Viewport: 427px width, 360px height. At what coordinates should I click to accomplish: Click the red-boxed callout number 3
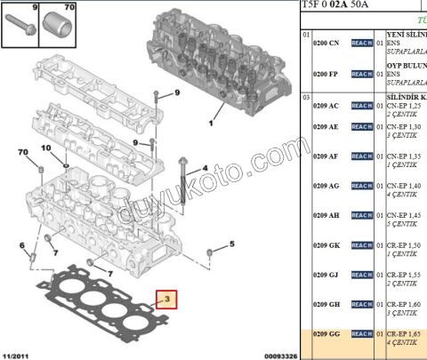coord(166,300)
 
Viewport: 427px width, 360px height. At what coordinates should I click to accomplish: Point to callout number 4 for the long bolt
coord(205,167)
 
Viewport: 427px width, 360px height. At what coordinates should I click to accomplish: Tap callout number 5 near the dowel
coord(230,243)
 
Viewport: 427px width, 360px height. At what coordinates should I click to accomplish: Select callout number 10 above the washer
coord(46,148)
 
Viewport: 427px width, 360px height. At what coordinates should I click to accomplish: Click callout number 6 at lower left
coord(22,245)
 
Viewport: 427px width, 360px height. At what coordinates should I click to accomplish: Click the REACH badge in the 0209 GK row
coord(361,245)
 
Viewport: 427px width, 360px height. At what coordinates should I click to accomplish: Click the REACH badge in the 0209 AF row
coord(361,156)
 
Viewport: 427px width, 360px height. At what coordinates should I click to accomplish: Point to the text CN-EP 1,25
coord(403,106)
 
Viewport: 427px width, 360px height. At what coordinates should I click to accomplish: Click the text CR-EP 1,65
coord(403,333)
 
